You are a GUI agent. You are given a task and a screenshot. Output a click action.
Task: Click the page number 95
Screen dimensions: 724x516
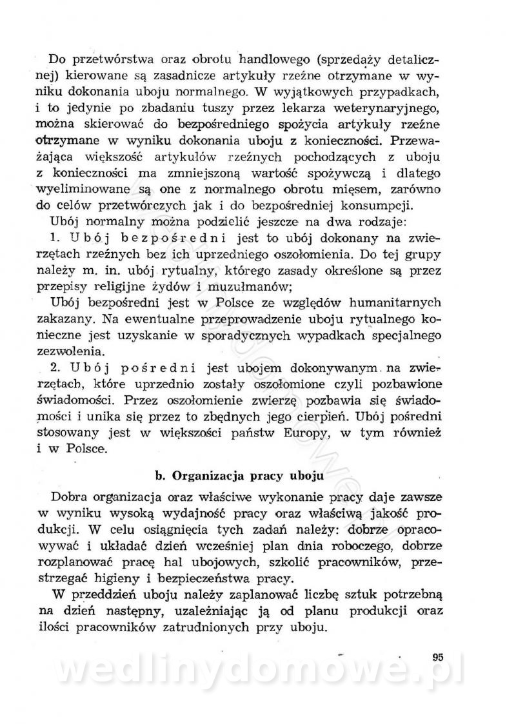click(x=439, y=658)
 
